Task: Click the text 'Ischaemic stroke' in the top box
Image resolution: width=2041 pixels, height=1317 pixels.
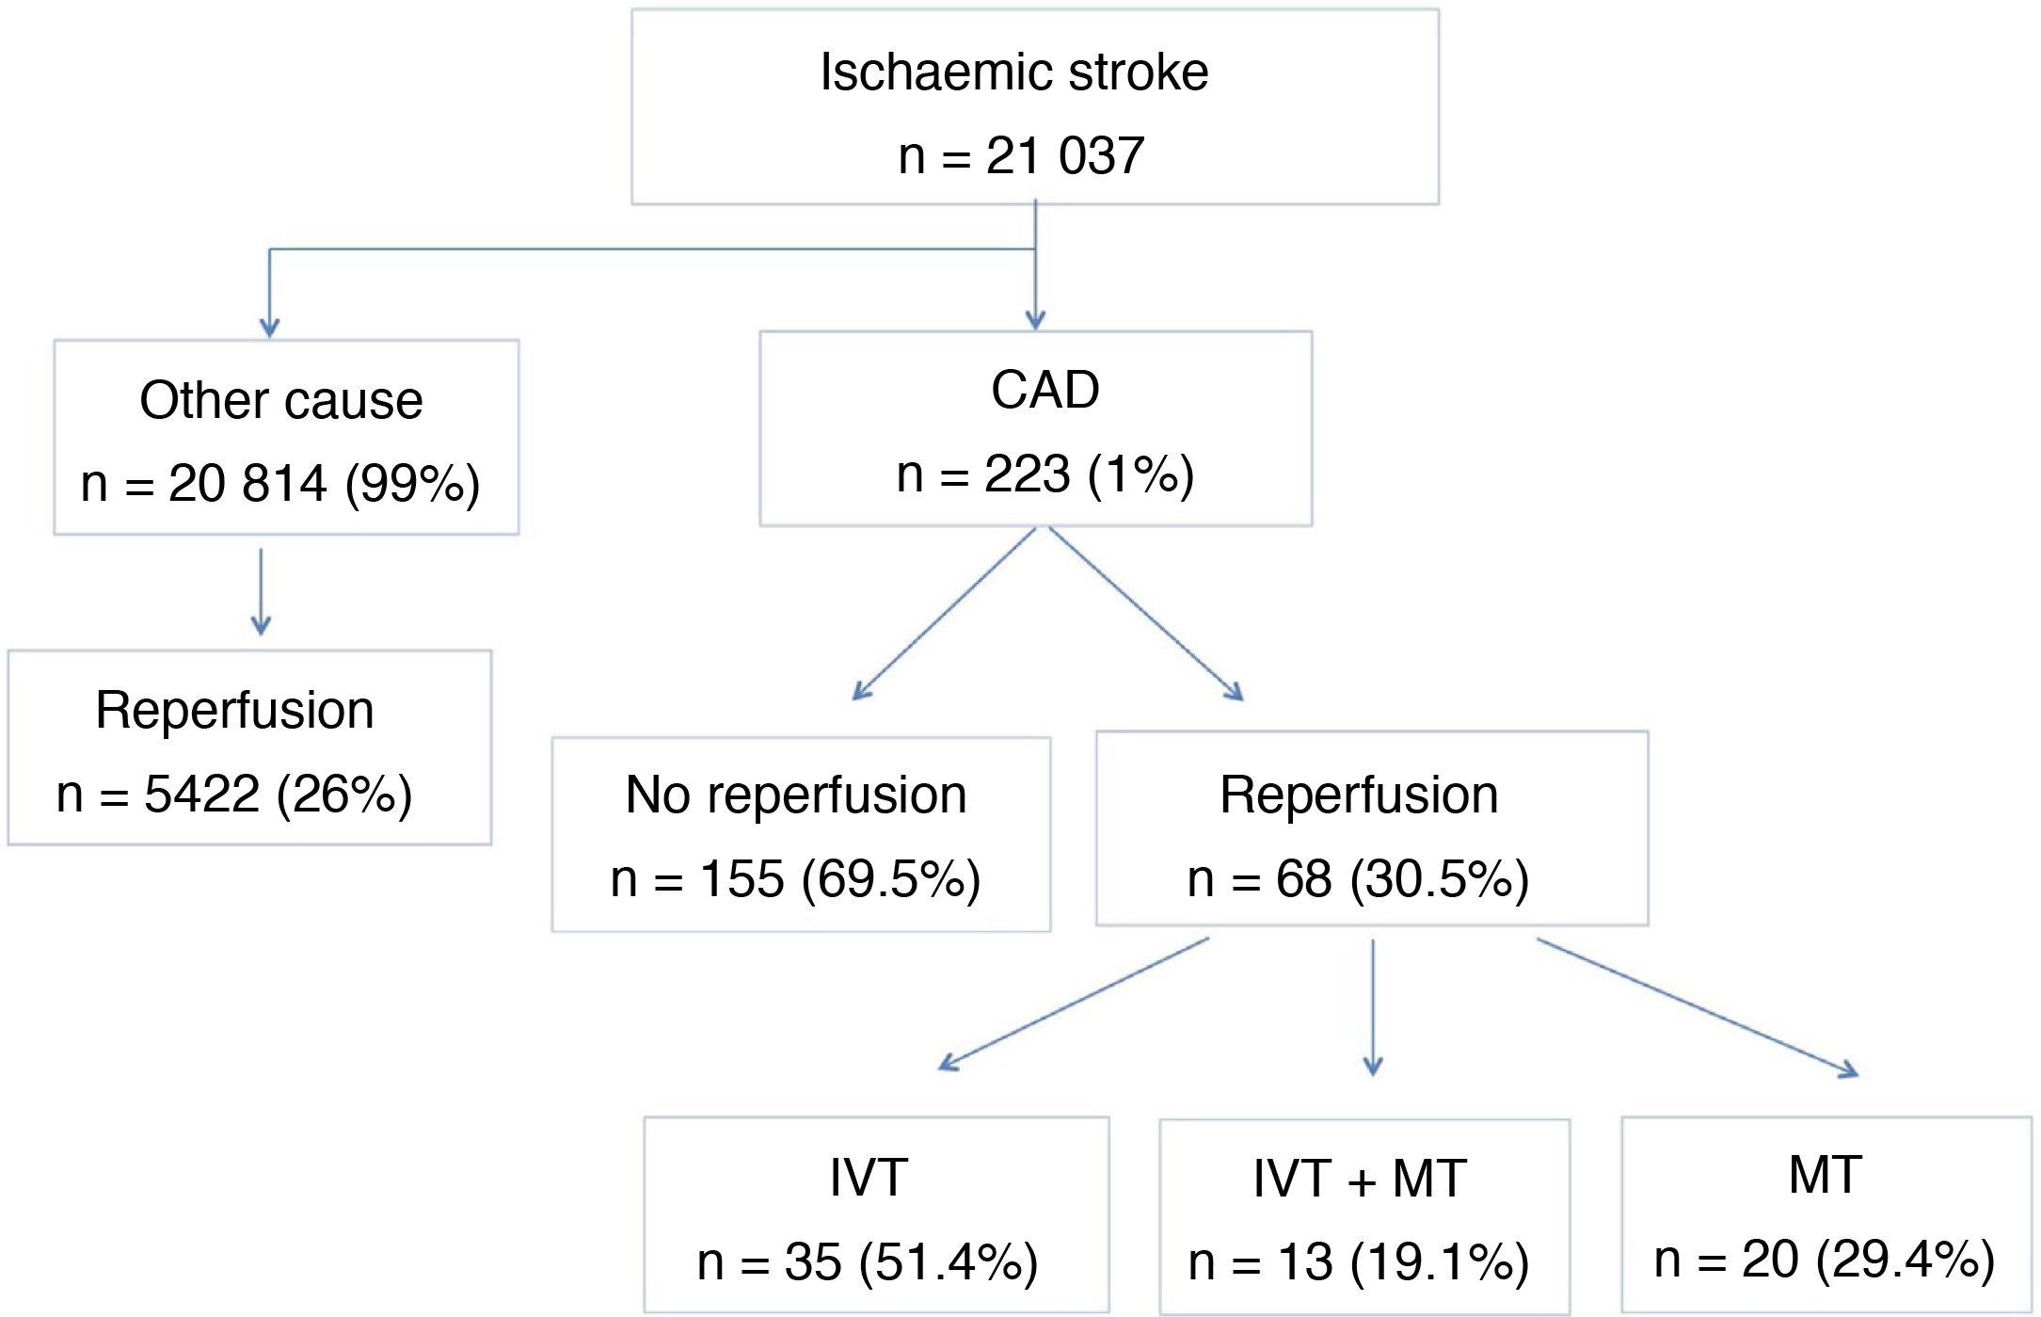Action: [1013, 72]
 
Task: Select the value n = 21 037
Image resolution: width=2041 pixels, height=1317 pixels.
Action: [1021, 155]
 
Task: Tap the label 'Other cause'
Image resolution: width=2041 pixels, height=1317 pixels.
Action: [280, 400]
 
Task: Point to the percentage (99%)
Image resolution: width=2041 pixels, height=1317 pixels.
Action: [412, 484]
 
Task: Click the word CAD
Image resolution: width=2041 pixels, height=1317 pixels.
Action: [1044, 390]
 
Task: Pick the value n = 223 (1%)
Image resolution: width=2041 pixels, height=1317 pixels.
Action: [1044, 474]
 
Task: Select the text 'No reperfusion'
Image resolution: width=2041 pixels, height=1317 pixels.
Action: [796, 795]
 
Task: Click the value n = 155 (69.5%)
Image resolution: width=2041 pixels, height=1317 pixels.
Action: [796, 878]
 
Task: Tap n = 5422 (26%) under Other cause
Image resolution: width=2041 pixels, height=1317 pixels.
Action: [234, 794]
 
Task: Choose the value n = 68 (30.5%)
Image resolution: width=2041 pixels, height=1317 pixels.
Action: [1358, 878]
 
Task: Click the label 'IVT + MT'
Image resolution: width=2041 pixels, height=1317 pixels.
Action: [1360, 1179]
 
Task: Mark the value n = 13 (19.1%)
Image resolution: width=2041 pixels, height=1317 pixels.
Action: [1358, 1261]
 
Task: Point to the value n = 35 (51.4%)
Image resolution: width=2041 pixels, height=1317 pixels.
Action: [867, 1261]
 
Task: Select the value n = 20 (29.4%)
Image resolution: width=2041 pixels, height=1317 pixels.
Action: [1824, 1259]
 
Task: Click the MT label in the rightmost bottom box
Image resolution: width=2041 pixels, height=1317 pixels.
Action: [1825, 1175]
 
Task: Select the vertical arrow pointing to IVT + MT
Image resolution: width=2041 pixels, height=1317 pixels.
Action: [1373, 1007]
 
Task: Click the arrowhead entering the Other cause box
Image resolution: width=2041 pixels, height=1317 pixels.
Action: [270, 326]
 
